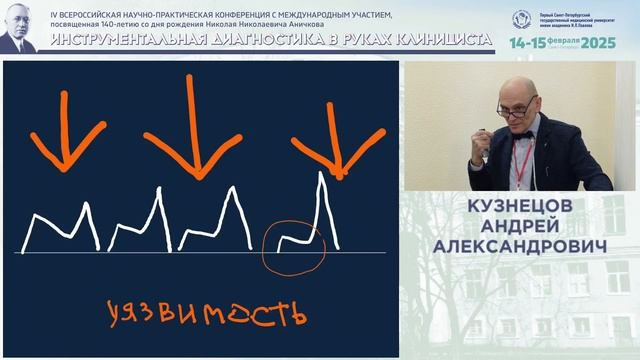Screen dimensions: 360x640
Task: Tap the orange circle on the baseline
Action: click(x=294, y=245)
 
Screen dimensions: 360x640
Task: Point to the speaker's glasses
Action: click(x=516, y=107)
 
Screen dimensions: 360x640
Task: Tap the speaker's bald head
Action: click(x=516, y=88)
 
